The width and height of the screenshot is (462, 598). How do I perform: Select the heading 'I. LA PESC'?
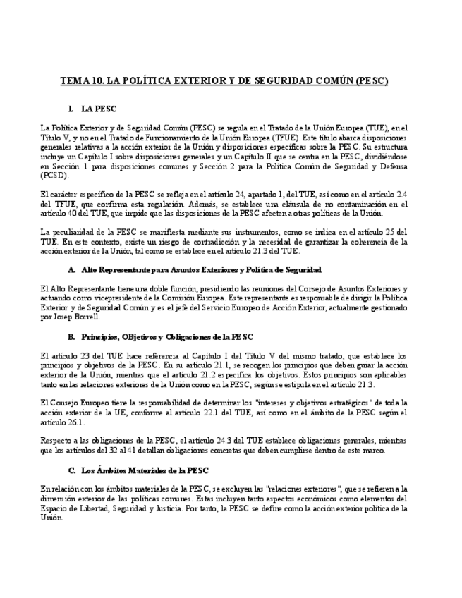[x=92, y=109]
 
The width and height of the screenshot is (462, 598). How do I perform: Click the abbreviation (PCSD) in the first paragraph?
[x=53, y=176]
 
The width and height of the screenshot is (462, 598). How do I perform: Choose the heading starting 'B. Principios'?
[x=160, y=336]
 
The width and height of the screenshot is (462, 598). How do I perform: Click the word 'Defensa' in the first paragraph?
[x=391, y=166]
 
